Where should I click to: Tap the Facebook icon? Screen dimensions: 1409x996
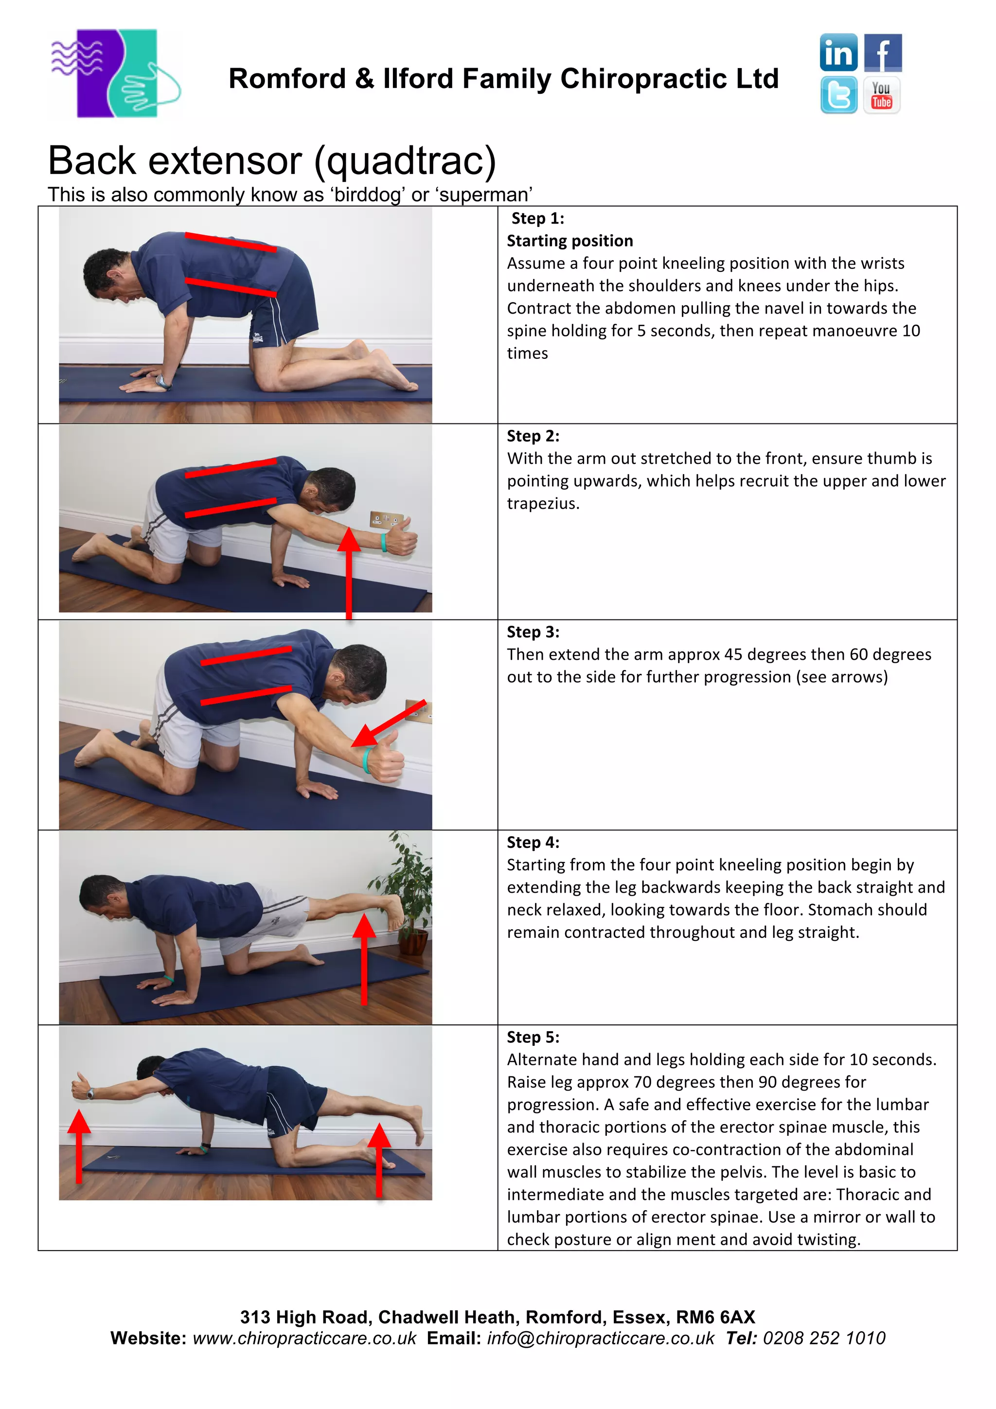point(883,53)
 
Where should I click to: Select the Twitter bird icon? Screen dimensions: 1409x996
point(838,95)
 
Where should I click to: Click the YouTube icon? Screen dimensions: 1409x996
point(882,95)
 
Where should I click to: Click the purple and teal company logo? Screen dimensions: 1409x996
point(115,73)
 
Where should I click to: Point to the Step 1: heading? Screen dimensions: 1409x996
point(537,218)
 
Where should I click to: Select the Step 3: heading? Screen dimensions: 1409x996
point(533,632)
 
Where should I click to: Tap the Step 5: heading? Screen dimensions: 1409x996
point(533,1037)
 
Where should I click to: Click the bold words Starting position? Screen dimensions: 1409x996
point(569,241)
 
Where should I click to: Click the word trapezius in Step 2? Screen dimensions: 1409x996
point(542,504)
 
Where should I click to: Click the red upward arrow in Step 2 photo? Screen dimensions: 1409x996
point(349,571)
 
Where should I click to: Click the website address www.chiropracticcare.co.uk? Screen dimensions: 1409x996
point(304,1339)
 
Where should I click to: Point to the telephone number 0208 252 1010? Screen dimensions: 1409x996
point(823,1339)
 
